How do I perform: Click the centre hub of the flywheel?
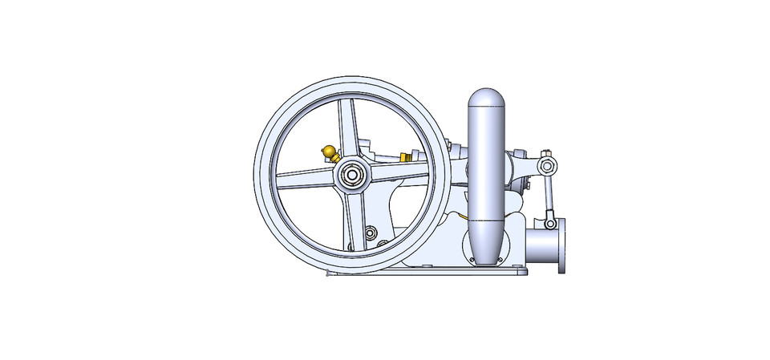point(351,173)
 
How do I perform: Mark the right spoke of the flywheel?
point(401,169)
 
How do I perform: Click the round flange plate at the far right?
point(562,245)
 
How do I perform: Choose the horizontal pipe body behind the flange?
point(541,245)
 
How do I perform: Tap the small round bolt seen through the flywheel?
point(370,233)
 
